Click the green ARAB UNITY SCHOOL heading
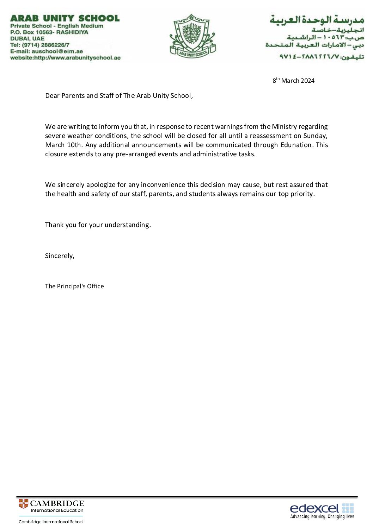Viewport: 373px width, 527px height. (65, 18)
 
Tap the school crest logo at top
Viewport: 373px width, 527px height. (192, 36)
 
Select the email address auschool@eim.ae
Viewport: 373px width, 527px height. (57, 51)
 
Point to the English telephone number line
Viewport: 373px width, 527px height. (39, 45)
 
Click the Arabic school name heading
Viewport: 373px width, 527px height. (317, 20)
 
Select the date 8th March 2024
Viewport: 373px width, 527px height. (293, 81)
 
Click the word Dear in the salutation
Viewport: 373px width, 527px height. (53, 96)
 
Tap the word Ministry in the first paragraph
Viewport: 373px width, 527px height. (285, 127)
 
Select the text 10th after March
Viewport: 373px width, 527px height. (74, 145)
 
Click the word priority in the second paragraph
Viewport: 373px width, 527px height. (302, 194)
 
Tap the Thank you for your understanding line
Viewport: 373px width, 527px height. (98, 225)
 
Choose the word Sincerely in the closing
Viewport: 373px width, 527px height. (59, 256)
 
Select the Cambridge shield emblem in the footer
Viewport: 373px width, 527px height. (24, 504)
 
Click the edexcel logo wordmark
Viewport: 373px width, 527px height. (314, 508)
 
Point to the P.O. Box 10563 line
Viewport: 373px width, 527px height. (49, 32)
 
